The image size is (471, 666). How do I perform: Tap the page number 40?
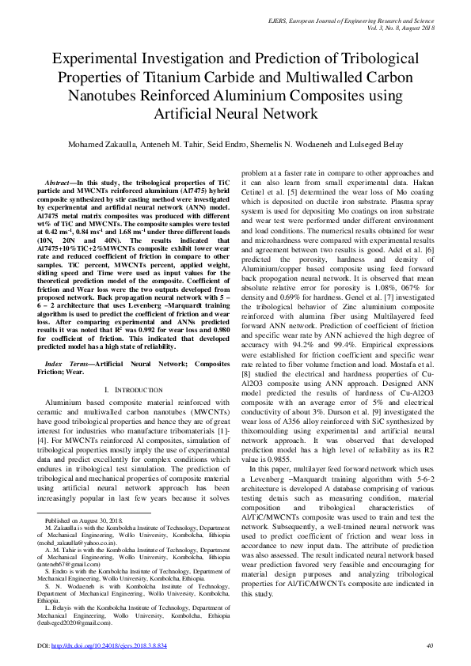pyautogui.click(x=430, y=646)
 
